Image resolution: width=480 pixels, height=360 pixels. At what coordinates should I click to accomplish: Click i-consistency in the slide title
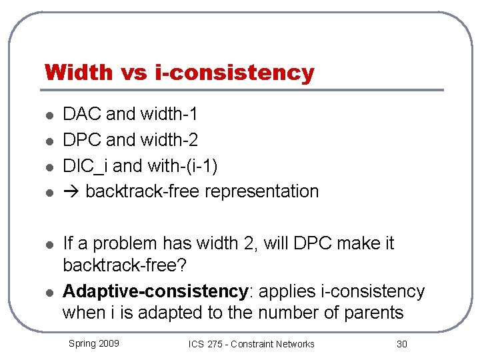pyautogui.click(x=236, y=72)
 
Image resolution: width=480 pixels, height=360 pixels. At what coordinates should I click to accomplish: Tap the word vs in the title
pyautogui.click(x=139, y=72)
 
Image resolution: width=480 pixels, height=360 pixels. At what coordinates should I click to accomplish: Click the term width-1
pyautogui.click(x=169, y=114)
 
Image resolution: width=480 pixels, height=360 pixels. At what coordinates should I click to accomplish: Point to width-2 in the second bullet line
pyautogui.click(x=169, y=140)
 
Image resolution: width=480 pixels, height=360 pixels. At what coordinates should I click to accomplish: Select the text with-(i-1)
pyautogui.click(x=180, y=165)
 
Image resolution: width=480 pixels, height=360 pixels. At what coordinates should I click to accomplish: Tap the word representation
pyautogui.click(x=261, y=191)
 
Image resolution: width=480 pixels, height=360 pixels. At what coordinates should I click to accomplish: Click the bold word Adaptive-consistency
pyautogui.click(x=155, y=291)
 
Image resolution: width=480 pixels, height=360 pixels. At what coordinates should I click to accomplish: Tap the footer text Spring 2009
pyautogui.click(x=94, y=343)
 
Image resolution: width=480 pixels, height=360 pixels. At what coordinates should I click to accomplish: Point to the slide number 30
pyautogui.click(x=401, y=344)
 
